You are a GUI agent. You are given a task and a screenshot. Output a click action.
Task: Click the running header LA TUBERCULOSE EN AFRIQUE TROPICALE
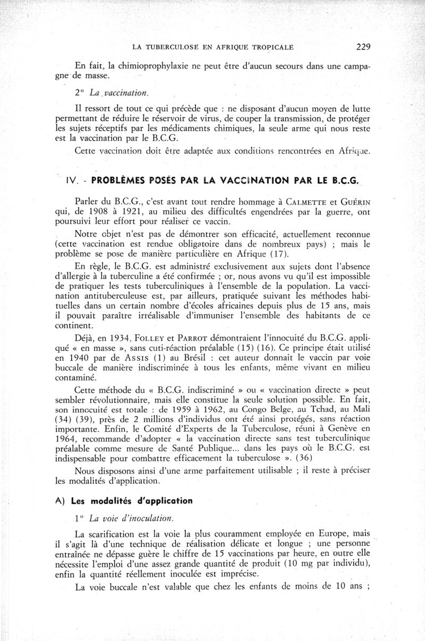(212, 47)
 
